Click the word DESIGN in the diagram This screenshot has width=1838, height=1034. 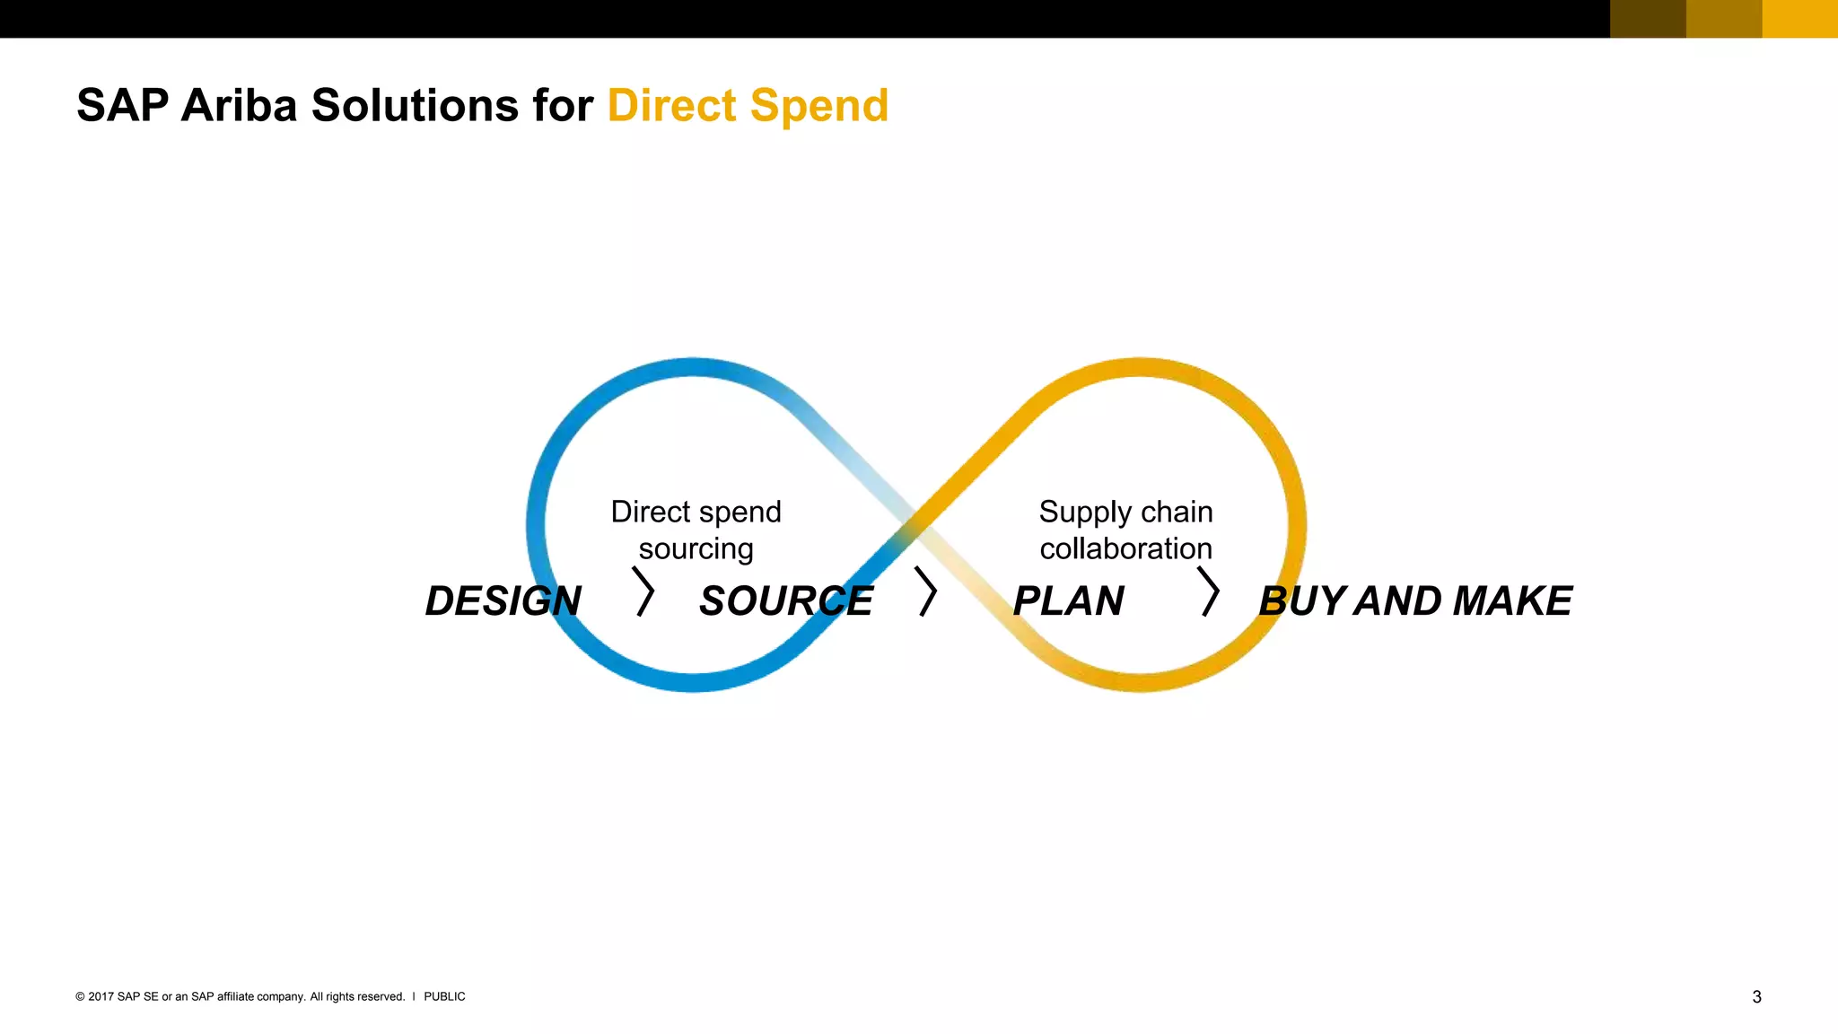tap(503, 601)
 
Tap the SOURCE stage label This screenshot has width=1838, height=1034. tap(785, 601)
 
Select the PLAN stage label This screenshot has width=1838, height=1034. tap(1068, 601)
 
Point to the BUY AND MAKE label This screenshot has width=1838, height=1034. tap(1415, 601)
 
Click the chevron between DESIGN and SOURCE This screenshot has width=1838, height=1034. tap(644, 591)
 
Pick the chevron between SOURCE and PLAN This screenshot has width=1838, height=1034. tap(926, 591)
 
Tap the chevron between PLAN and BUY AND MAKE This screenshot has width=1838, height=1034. tap(1210, 591)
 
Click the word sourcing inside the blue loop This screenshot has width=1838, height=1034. tap(696, 548)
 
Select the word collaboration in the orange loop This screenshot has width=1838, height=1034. tap(1125, 548)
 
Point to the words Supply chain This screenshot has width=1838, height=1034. tap(1125, 513)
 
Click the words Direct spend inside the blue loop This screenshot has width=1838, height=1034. tap(696, 512)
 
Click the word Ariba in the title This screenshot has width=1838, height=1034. tap(239, 106)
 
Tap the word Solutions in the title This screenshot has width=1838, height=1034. tap(415, 106)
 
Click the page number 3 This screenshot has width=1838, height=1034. tap(1756, 997)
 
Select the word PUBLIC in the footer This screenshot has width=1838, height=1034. tap(444, 996)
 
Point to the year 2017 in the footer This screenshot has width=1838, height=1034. tap(101, 996)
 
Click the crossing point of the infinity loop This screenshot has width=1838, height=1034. tap(915, 524)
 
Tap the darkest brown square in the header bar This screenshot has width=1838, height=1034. tap(1648, 19)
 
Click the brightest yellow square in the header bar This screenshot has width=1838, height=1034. tap(1800, 19)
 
